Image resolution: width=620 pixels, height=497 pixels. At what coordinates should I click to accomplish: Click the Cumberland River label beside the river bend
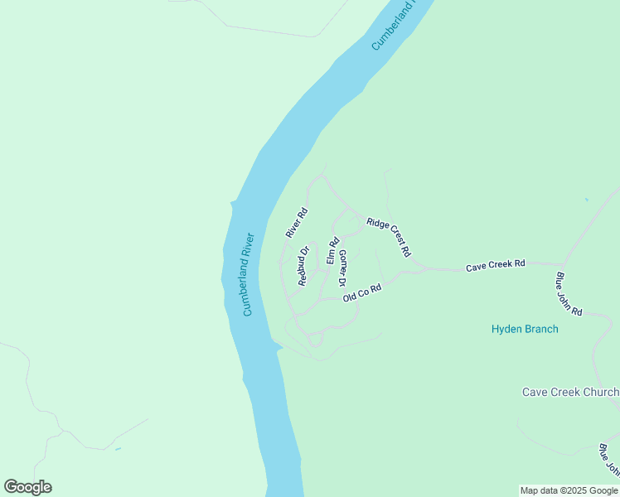coord(248,274)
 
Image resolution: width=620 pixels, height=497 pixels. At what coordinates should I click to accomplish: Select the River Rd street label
coord(297,223)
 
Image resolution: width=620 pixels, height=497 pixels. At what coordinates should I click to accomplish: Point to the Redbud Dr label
coord(304,266)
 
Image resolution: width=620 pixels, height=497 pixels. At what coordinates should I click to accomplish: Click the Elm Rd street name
coord(333,252)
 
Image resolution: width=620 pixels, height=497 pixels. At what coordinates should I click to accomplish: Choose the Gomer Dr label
coord(342,268)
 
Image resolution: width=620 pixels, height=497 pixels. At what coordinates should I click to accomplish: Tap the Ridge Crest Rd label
coord(389,237)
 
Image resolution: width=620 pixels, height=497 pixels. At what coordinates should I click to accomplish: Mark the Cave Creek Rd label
coord(496,266)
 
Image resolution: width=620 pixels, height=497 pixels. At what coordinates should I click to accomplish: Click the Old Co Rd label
coord(362,293)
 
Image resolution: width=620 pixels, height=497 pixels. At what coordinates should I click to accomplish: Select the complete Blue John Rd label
coord(569,294)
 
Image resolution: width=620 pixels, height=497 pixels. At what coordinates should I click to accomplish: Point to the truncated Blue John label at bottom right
coord(608,461)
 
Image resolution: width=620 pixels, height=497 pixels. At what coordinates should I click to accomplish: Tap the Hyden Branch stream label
coord(525,329)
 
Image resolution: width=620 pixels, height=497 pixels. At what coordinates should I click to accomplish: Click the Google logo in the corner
coord(27,486)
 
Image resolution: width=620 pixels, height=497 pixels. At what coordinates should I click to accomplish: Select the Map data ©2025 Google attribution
coord(569,490)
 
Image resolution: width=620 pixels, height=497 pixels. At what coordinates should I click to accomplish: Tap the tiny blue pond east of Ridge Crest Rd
coord(586,200)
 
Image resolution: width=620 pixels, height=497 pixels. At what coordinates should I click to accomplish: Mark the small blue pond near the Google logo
coord(118,449)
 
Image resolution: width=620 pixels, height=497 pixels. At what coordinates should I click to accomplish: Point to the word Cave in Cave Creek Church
coord(535,392)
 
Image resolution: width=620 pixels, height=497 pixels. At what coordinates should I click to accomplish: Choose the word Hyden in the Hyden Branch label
coord(507,329)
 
